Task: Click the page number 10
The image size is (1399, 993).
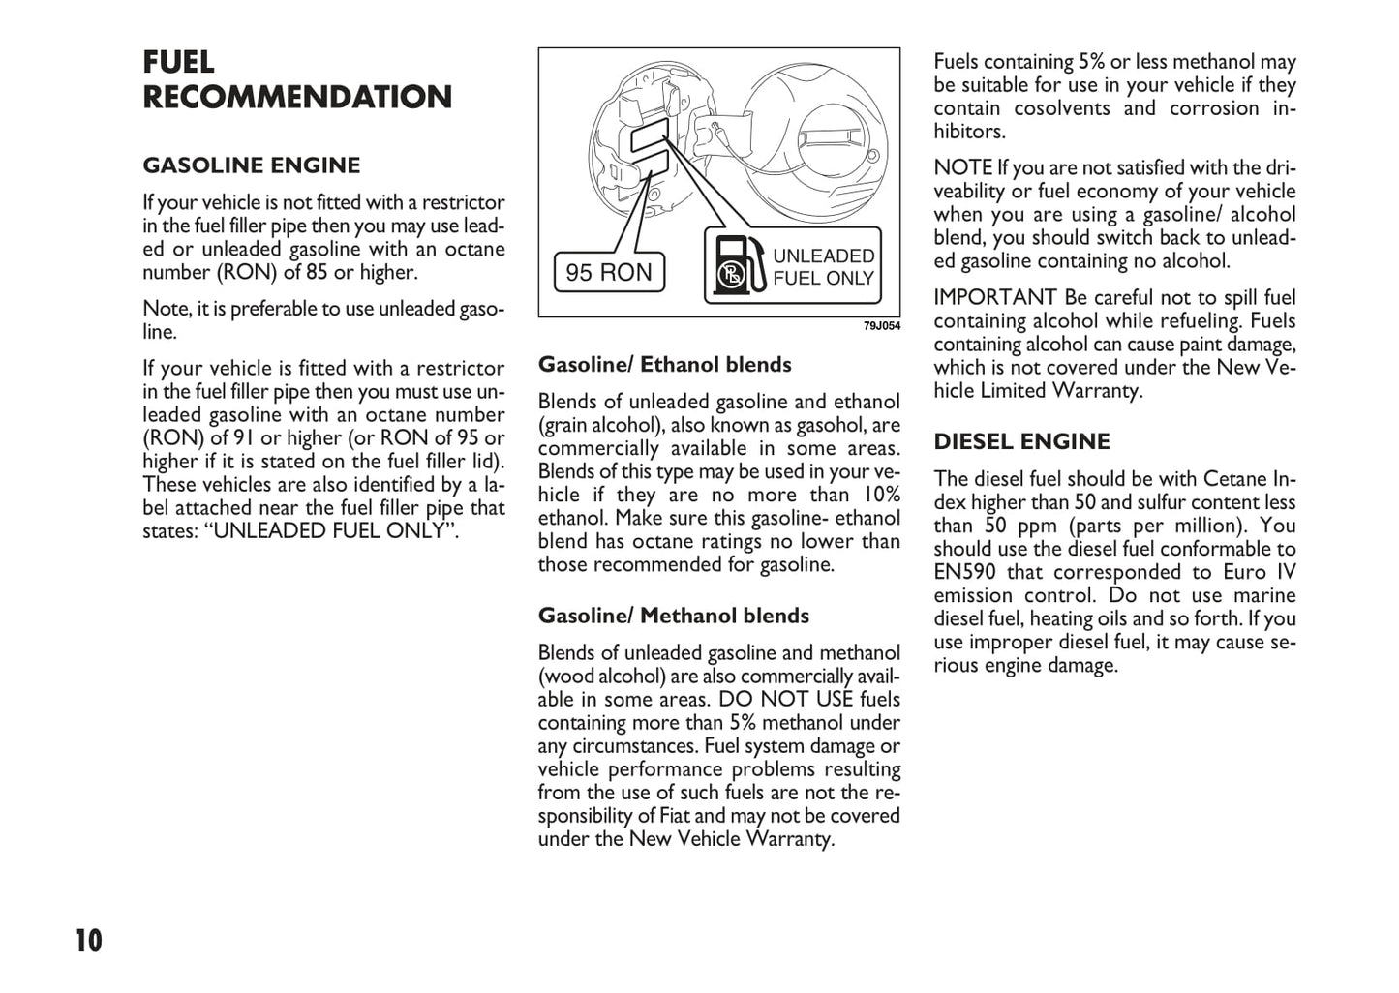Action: [x=88, y=941]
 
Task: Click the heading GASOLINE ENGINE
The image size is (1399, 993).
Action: [x=251, y=165]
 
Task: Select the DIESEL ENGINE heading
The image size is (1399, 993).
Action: [x=1021, y=442]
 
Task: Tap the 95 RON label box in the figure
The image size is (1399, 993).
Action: [x=609, y=272]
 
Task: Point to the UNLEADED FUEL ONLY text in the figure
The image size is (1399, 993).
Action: [x=823, y=267]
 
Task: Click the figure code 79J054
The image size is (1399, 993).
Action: [x=881, y=326]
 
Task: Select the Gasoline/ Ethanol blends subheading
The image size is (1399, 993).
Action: [x=664, y=365]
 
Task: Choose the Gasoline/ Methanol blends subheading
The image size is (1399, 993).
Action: [x=673, y=616]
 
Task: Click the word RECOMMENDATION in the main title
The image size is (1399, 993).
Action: [x=297, y=98]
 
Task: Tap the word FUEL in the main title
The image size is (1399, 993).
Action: [x=179, y=62]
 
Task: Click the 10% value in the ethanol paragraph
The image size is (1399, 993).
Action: [x=880, y=495]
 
